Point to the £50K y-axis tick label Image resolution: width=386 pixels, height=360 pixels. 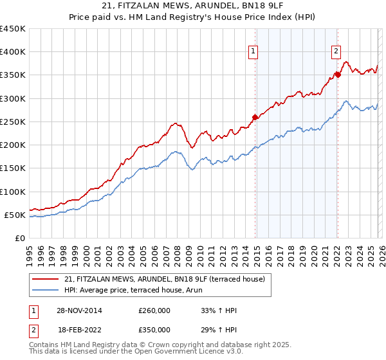coord(15,215)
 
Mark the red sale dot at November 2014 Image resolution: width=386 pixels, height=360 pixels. coord(255,117)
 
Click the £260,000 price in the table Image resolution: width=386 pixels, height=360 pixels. coord(154,310)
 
